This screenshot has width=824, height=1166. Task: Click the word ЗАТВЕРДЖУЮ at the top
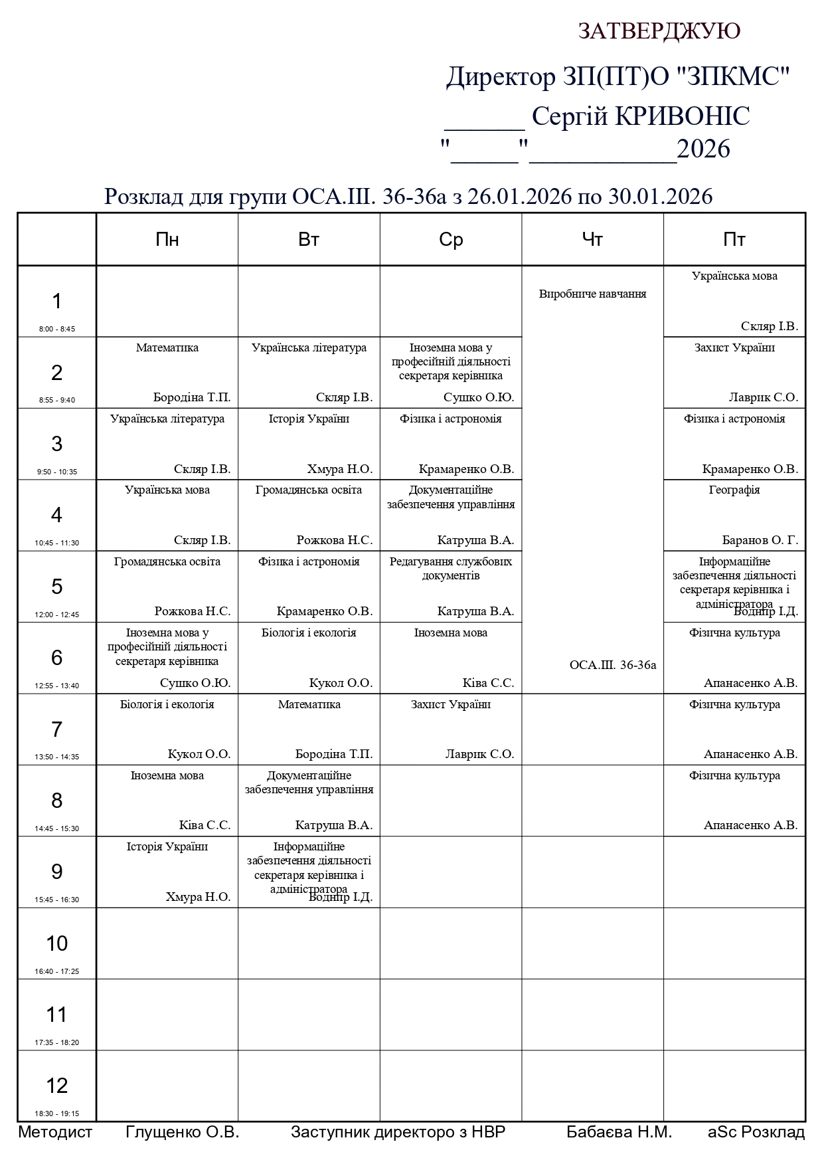pyautogui.click(x=659, y=31)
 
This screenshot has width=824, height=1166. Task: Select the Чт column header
pyautogui.click(x=592, y=239)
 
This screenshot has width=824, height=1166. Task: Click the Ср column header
pyautogui.click(x=451, y=239)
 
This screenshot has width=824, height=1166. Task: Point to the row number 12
pyautogui.click(x=57, y=1085)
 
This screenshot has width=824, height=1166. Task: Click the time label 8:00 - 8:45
pyautogui.click(x=57, y=329)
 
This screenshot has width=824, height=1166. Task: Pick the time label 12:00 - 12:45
pyautogui.click(x=57, y=615)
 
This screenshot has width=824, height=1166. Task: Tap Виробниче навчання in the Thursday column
pyautogui.click(x=592, y=294)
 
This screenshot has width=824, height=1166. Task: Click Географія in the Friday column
pyautogui.click(x=734, y=490)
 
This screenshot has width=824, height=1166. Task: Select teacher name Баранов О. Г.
pyautogui.click(x=760, y=540)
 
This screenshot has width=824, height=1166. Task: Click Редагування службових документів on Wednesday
pyautogui.click(x=451, y=568)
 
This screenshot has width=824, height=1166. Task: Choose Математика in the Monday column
pyautogui.click(x=167, y=347)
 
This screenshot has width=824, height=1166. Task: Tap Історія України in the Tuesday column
pyautogui.click(x=309, y=419)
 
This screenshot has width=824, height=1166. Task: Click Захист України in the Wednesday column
pyautogui.click(x=451, y=704)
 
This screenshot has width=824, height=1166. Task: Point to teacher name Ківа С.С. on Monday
pyautogui.click(x=205, y=825)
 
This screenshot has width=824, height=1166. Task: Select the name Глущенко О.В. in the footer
pyautogui.click(x=182, y=1132)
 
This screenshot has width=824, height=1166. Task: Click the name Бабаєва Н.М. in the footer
pyautogui.click(x=619, y=1132)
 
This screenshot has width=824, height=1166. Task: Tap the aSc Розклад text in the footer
pyautogui.click(x=756, y=1132)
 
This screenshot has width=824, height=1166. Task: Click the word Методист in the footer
pyautogui.click(x=55, y=1132)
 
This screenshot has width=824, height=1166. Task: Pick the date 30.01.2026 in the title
pyautogui.click(x=661, y=197)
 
